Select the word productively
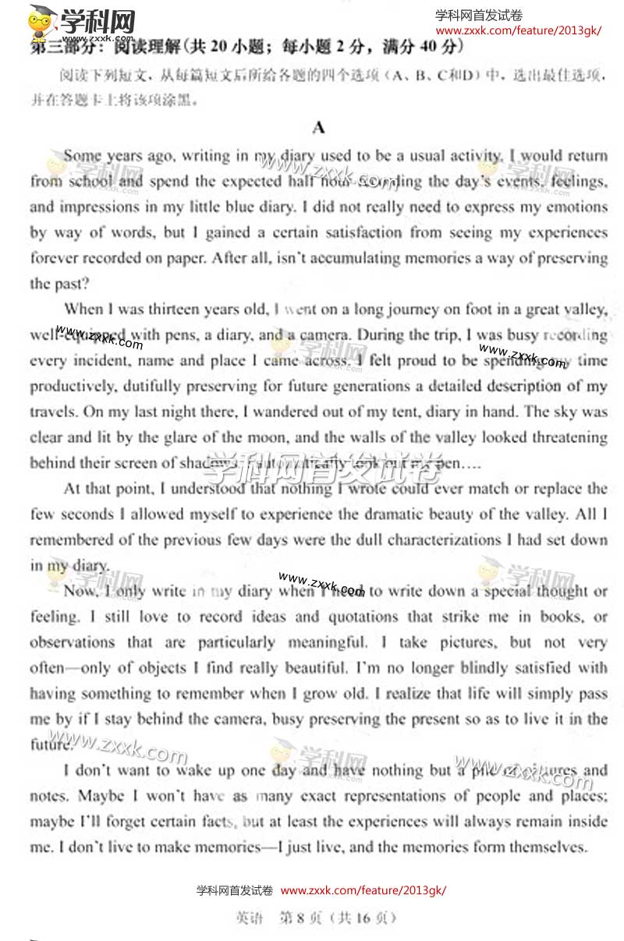[x=72, y=386]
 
